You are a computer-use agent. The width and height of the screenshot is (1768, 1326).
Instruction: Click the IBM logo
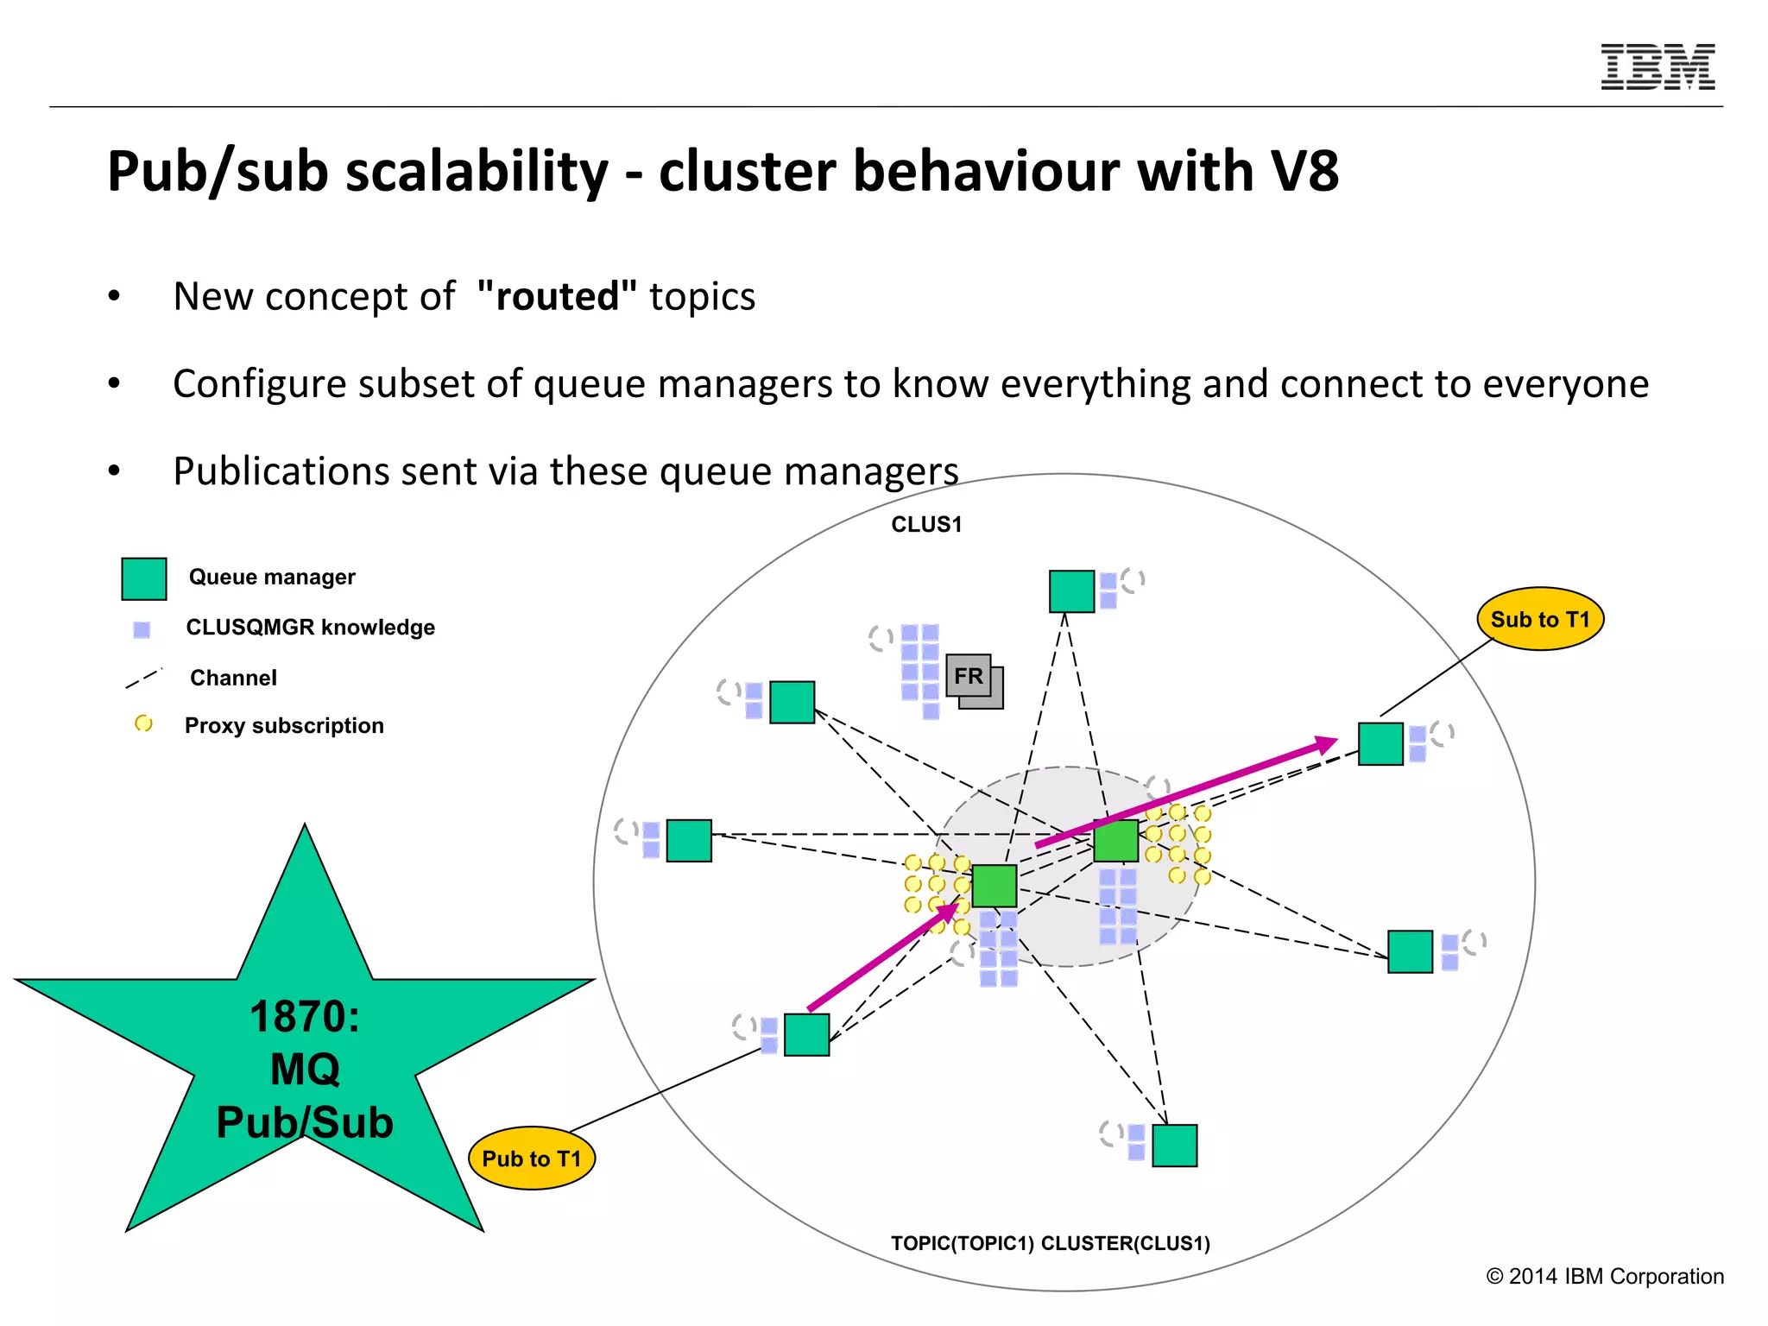pyautogui.click(x=1657, y=67)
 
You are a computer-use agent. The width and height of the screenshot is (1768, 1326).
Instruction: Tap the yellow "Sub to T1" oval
pyautogui.click(x=1540, y=619)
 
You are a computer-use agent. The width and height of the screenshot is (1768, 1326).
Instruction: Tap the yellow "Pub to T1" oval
pyautogui.click(x=532, y=1159)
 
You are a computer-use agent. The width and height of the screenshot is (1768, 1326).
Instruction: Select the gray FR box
pyautogui.click(x=969, y=676)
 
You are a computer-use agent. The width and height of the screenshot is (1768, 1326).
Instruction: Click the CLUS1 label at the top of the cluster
pyautogui.click(x=926, y=524)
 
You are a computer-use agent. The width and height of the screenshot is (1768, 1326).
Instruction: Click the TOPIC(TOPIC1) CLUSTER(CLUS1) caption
pyautogui.click(x=1050, y=1243)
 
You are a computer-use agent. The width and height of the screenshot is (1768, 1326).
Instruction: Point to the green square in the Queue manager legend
pyautogui.click(x=144, y=578)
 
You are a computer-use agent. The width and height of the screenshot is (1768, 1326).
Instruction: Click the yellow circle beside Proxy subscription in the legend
pyautogui.click(x=143, y=723)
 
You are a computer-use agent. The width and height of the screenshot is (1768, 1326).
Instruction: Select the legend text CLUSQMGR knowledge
pyautogui.click(x=310, y=628)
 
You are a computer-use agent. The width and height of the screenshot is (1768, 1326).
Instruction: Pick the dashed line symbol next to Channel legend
pyautogui.click(x=143, y=679)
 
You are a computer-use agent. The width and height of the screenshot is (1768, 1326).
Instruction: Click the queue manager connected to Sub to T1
pyautogui.click(x=1380, y=744)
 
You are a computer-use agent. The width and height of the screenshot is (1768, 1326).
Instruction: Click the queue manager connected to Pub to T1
pyautogui.click(x=806, y=1034)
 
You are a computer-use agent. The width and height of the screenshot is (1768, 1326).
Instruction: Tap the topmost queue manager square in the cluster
pyautogui.click(x=1071, y=591)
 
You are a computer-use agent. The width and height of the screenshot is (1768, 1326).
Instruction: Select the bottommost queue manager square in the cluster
pyautogui.click(x=1175, y=1146)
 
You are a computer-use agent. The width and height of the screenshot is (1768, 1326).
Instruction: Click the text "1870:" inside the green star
pyautogui.click(x=304, y=1016)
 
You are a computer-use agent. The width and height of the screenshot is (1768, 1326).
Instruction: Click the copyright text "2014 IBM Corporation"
pyautogui.click(x=1615, y=1276)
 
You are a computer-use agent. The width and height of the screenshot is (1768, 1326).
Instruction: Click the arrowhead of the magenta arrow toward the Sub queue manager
pyautogui.click(x=1325, y=744)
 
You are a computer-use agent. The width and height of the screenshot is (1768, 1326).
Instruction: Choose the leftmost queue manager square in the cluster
pyautogui.click(x=689, y=841)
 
